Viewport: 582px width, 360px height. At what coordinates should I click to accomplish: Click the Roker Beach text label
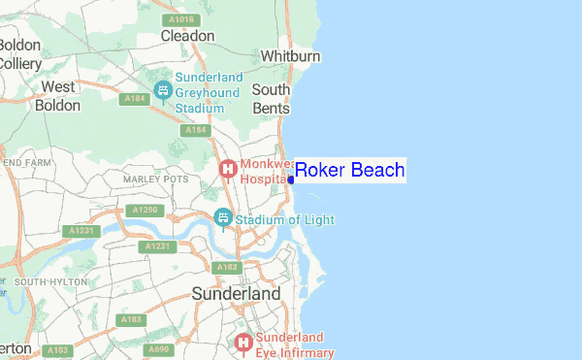pos(349,171)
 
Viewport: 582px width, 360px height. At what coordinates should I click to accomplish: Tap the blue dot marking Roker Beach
pos(291,180)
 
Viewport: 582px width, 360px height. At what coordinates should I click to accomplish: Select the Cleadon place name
pos(187,36)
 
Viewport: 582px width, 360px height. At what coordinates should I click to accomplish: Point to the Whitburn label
pos(290,57)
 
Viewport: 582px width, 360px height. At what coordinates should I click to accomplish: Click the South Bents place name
pos(271,99)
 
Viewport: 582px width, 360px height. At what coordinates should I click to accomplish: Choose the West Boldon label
pos(57,95)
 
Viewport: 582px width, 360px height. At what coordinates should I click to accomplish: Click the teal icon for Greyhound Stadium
pos(163,90)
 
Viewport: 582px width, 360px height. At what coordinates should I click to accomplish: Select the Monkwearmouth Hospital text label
pos(259,172)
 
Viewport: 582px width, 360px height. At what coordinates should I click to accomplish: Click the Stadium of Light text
pos(285,220)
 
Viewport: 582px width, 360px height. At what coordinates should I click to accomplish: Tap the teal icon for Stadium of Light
pos(223,217)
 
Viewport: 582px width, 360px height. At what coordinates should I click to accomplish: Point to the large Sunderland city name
pos(236,293)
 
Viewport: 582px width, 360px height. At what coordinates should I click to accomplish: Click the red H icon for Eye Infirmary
pos(242,342)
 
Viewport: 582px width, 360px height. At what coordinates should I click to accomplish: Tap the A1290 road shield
pos(142,210)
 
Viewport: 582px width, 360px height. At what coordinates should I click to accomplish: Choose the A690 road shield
pos(159,349)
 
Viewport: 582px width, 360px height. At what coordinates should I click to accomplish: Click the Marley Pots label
pos(155,180)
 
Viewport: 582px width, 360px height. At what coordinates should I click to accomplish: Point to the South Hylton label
pos(51,281)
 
